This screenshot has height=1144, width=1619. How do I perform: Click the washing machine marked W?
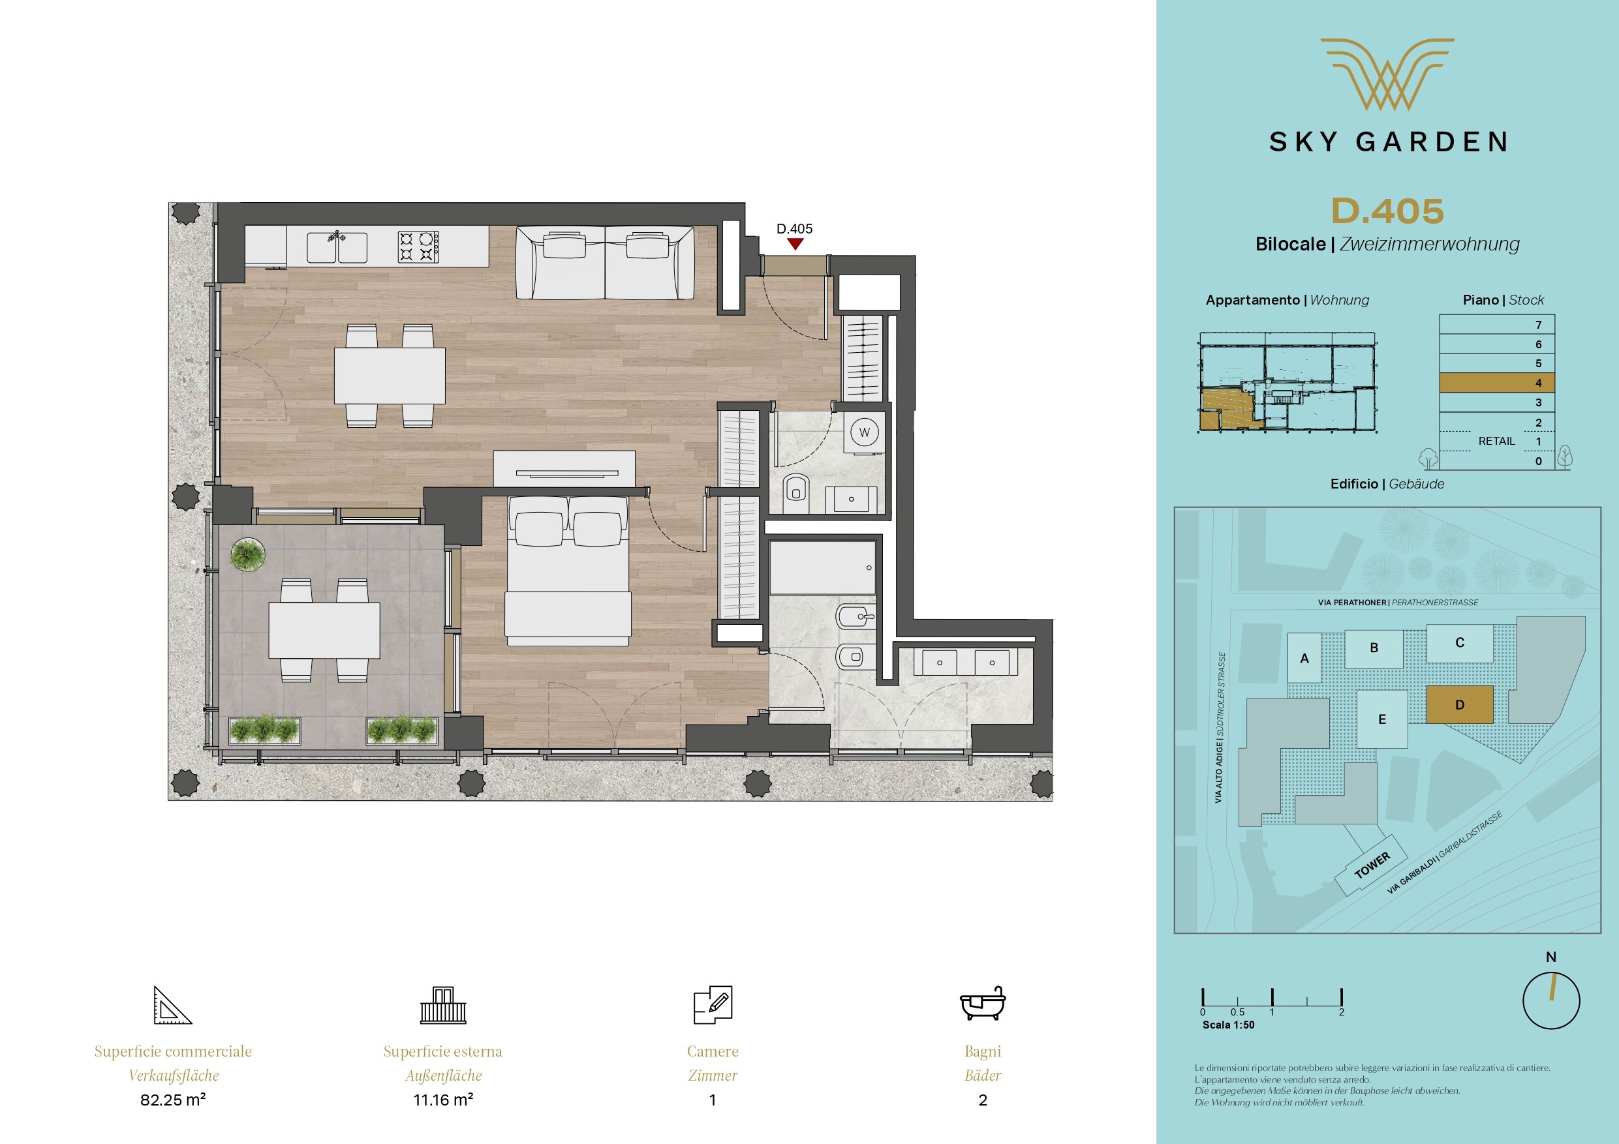pyautogui.click(x=865, y=432)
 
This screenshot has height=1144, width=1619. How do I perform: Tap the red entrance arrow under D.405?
pyautogui.click(x=795, y=244)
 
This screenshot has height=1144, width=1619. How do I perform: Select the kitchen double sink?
pyautogui.click(x=337, y=247)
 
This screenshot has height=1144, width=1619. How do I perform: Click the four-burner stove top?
pyautogui.click(x=419, y=247)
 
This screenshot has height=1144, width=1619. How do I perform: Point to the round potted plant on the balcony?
pyautogui.click(x=247, y=554)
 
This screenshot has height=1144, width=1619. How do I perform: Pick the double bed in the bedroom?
pyautogui.click(x=568, y=569)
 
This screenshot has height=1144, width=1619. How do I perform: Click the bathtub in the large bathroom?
pyautogui.click(x=822, y=567)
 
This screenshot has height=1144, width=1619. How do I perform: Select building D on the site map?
pyautogui.click(x=1460, y=705)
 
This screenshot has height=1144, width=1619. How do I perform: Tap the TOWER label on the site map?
pyautogui.click(x=1372, y=864)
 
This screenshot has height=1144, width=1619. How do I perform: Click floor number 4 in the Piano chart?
pyautogui.click(x=1539, y=384)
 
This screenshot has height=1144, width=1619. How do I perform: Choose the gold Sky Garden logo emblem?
pyautogui.click(x=1387, y=74)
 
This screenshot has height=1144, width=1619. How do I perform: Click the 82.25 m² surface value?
pyautogui.click(x=173, y=1100)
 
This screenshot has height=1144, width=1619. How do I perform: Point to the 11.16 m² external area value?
pyautogui.click(x=443, y=1100)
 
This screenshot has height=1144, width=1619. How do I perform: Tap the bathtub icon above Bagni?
pyautogui.click(x=983, y=1004)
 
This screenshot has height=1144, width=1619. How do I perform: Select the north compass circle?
pyautogui.click(x=1551, y=1001)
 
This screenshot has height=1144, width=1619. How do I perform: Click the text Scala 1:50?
pyautogui.click(x=1228, y=1025)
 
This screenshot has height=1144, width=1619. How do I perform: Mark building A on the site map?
pyautogui.click(x=1304, y=657)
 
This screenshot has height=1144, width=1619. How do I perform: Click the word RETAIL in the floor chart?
pyautogui.click(x=1496, y=442)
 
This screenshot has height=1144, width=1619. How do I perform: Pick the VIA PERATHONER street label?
pyautogui.click(x=1351, y=603)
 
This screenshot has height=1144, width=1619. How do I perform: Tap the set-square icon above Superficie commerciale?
pyautogui.click(x=173, y=1005)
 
